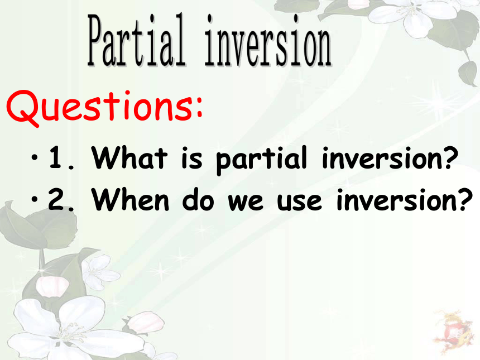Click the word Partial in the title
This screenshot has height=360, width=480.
(x=137, y=40)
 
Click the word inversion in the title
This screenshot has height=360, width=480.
(x=268, y=40)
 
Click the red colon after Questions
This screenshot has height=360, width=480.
(x=199, y=107)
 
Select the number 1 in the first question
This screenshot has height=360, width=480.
(x=55, y=157)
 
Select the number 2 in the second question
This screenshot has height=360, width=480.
(x=55, y=199)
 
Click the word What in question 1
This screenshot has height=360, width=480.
(x=129, y=157)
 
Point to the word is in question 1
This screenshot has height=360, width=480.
(x=191, y=158)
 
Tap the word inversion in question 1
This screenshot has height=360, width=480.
(x=381, y=158)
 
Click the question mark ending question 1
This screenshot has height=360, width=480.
(x=450, y=157)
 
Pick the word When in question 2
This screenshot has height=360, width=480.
(x=131, y=200)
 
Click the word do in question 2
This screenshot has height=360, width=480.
(x=198, y=199)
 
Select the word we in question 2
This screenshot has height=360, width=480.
(x=245, y=203)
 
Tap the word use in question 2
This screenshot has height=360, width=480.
(x=299, y=203)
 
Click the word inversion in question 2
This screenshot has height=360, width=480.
(x=396, y=200)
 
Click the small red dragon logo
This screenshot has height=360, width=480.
(x=453, y=332)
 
